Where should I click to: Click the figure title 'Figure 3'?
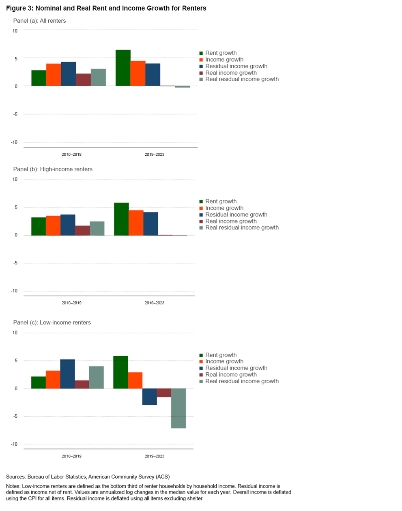pos(106,8)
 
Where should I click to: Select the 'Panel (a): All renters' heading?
pos(39,21)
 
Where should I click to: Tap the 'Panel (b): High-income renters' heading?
pos(53,169)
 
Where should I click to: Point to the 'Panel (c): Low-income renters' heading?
pos(52,322)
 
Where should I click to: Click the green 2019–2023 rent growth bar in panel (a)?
pos(123,68)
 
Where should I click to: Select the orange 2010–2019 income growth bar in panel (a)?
pos(54,75)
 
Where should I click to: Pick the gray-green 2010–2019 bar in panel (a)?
pos(98,77)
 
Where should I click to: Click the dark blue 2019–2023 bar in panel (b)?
pos(150,224)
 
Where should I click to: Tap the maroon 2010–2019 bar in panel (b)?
pos(82,230)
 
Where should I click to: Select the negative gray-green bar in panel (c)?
pos(178,408)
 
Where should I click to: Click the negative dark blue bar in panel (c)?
pos(149,397)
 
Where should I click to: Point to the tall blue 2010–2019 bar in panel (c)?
pos(67,374)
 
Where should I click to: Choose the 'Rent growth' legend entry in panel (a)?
pos(221,53)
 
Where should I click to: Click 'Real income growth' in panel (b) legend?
pos(231,221)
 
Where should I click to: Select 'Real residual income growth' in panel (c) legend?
pos(242,381)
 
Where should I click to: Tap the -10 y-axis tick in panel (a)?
pos(15,142)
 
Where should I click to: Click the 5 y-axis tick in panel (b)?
pos(16,207)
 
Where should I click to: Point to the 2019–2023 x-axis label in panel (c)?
pos(155,456)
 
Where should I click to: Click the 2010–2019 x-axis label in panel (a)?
pos(71,155)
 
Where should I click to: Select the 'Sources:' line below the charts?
pos(88,477)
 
